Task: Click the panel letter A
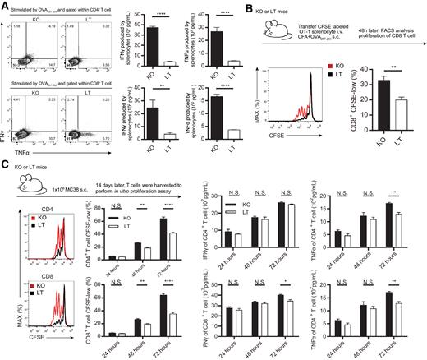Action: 5,7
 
